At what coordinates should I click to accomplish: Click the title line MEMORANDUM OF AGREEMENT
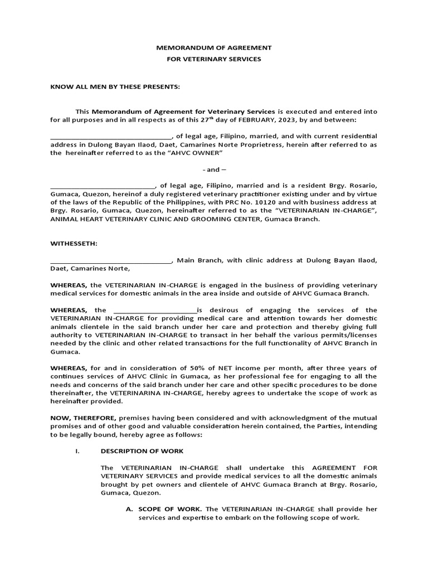pyautogui.click(x=214, y=48)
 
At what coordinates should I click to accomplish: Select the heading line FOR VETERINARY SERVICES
pyautogui.click(x=214, y=59)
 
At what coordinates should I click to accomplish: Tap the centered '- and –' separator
pyautogui.click(x=214, y=169)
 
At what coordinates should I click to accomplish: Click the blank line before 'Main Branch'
pyautogui.click(x=111, y=261)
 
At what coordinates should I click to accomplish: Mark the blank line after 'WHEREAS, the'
pyautogui.click(x=155, y=311)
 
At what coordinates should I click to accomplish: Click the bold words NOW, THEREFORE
pyautogui.click(x=82, y=418)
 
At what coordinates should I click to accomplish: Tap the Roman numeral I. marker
pyautogui.click(x=78, y=451)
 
